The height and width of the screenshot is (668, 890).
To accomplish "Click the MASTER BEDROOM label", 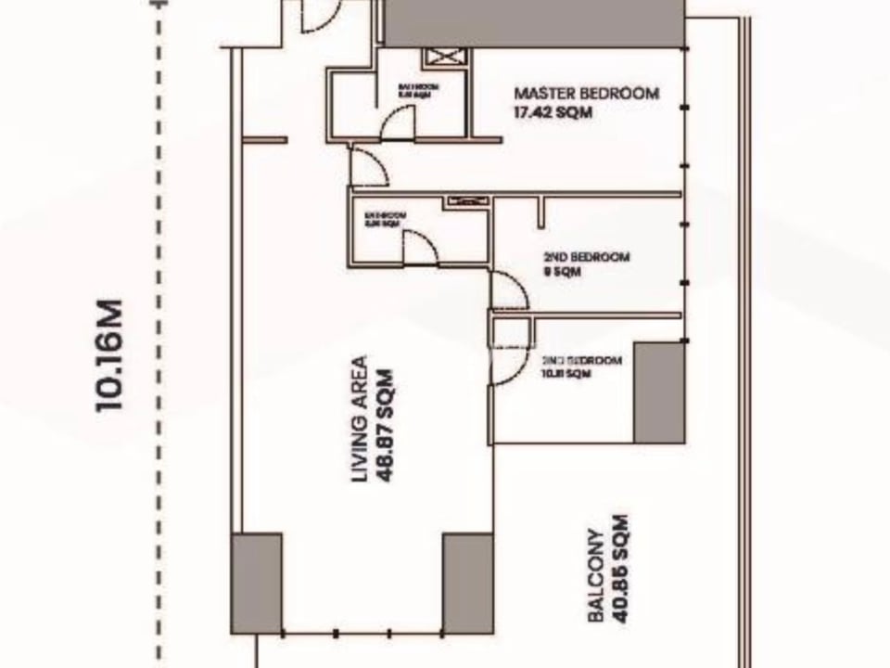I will coord(586,94).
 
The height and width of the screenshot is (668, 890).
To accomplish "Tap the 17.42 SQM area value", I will coord(553,113).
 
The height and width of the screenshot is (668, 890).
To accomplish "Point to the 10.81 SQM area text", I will coord(565,374).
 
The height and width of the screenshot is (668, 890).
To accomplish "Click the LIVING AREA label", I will coord(360,419).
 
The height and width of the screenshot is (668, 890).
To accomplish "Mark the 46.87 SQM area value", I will coord(387,419).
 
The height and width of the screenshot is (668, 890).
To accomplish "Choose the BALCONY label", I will coord(598,575).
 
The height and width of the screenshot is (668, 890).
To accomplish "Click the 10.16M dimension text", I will coord(108,354).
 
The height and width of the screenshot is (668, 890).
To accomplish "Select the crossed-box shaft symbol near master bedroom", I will coord(445,58).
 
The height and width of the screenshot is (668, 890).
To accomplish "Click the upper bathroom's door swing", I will coord(400,123).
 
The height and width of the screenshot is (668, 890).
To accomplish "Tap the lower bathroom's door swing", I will coord(418,248).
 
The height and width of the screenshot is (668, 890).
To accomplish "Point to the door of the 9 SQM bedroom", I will coord(509,290).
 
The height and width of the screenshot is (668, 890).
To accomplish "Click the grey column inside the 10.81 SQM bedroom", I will coord(659,392).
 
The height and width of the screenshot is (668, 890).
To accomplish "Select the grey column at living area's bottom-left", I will coord(257,583).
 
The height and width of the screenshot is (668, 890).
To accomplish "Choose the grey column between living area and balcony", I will coord(467,583).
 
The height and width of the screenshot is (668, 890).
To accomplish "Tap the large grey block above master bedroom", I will coord(535,22).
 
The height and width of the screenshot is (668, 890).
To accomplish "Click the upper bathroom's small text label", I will coord(417,90).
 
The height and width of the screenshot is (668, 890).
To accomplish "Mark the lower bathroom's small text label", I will coord(386,219).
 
